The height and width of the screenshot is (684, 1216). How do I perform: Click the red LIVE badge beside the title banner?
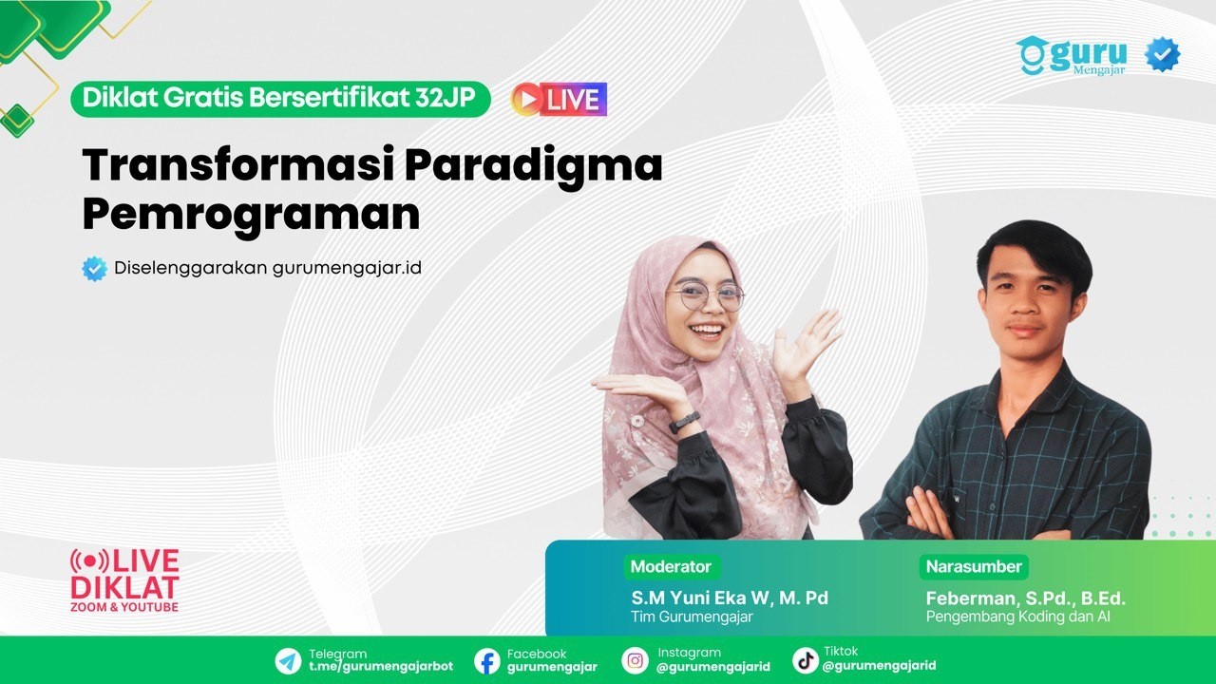click(x=559, y=100)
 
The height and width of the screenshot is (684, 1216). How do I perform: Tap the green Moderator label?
click(x=671, y=567)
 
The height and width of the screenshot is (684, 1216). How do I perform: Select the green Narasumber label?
click(x=973, y=567)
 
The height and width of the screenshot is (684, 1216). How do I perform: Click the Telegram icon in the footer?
click(x=288, y=660)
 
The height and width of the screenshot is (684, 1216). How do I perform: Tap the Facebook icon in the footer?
click(x=487, y=660)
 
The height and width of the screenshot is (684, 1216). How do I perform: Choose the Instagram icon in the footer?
click(x=635, y=660)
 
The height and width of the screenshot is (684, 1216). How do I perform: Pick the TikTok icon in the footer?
click(x=806, y=660)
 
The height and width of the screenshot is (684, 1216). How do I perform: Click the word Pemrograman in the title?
click(x=251, y=216)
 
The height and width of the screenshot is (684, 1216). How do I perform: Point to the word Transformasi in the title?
click(x=237, y=165)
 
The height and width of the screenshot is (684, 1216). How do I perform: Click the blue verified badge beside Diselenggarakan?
click(x=95, y=269)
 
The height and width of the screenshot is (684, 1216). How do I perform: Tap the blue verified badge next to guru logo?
click(x=1162, y=55)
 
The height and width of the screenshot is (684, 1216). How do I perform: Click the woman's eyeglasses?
click(x=705, y=296)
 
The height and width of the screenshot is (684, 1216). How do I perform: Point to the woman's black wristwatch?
click(x=684, y=423)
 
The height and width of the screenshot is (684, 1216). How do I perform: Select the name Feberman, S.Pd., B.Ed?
click(x=1025, y=598)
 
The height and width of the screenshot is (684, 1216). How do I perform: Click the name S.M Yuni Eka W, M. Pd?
click(x=730, y=598)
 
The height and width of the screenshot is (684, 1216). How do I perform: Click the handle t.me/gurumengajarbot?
click(x=381, y=667)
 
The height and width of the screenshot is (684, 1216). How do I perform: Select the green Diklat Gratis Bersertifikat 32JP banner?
click(x=279, y=99)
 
